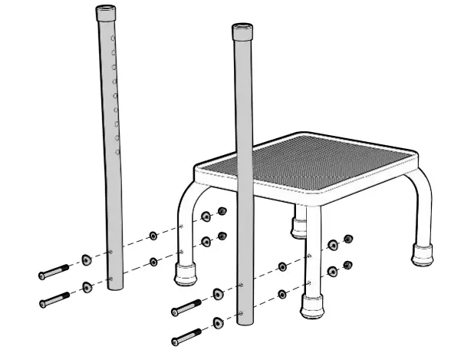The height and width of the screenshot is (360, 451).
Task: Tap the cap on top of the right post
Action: tap(242, 31)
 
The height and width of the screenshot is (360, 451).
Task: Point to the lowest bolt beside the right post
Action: tap(188, 335)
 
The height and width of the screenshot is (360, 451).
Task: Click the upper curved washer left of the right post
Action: tap(219, 295)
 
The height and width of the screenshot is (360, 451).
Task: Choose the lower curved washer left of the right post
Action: tap(219, 322)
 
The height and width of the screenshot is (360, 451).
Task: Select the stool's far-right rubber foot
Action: tap(422, 254)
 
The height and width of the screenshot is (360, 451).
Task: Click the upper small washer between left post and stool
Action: tap(153, 235)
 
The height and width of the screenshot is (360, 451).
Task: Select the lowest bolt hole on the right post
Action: tap(242, 313)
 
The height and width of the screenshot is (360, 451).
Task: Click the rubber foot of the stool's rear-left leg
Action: tap(298, 226)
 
